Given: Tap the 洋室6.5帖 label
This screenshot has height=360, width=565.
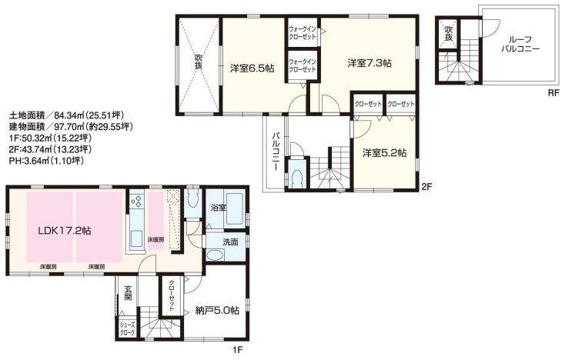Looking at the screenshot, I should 252,68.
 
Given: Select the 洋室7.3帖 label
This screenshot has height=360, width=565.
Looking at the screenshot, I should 369,62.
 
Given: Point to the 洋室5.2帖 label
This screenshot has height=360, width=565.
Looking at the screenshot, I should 385,152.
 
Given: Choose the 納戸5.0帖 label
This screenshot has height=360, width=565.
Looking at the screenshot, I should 216,311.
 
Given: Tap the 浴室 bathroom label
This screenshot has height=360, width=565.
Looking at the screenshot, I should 218,208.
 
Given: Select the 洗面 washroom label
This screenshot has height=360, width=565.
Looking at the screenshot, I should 231,242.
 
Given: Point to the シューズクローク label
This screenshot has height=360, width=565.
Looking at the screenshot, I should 126,328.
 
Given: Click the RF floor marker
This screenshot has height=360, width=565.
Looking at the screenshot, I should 553,93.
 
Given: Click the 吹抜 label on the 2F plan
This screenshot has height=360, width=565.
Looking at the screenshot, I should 198,62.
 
